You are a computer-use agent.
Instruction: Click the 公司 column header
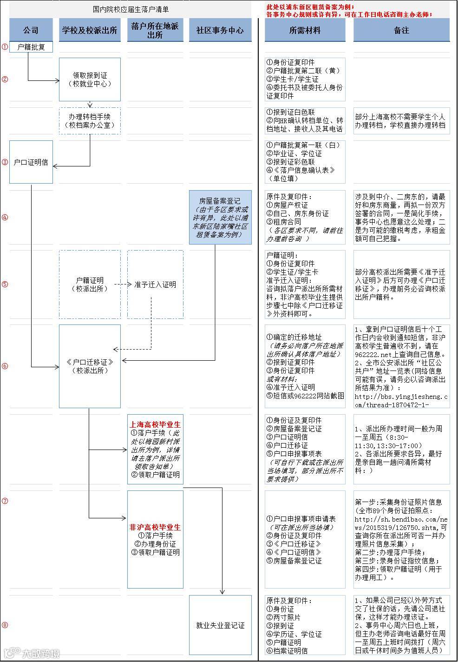click(31, 30)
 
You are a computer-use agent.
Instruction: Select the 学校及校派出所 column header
click(90, 30)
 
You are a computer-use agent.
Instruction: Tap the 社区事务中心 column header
click(220, 30)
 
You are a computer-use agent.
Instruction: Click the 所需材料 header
click(305, 30)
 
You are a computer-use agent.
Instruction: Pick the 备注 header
click(401, 30)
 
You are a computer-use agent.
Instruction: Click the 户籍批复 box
click(31, 47)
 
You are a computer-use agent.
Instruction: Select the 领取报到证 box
click(90, 79)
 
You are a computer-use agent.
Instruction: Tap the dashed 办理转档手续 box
click(90, 121)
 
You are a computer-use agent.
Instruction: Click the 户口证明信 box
click(31, 162)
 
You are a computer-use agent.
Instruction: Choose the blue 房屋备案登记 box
click(220, 217)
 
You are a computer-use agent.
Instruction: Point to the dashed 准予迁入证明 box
click(155, 285)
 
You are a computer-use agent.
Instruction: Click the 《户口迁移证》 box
click(90, 366)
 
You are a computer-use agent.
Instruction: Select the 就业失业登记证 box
click(220, 625)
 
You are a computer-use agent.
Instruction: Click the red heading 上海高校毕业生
click(155, 424)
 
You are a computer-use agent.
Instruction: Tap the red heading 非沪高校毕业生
click(155, 527)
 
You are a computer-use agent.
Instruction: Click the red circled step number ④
click(5, 217)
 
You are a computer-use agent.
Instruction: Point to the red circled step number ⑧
click(5, 625)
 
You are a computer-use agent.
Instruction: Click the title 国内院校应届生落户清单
click(131, 9)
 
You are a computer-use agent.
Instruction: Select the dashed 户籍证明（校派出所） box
click(90, 285)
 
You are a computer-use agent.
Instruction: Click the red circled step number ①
click(5, 47)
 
